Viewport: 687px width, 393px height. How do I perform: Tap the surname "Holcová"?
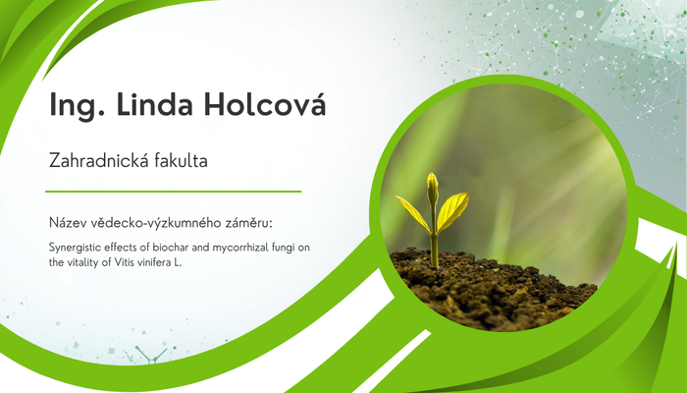pyautogui.click(x=265, y=103)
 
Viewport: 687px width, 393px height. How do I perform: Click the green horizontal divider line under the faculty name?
pyautogui.click(x=173, y=192)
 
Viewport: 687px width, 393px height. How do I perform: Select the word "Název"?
pyautogui.click(x=68, y=223)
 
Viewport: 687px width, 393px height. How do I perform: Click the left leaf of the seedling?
pyautogui.click(x=413, y=213)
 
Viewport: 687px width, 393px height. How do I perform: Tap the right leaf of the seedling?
pyautogui.click(x=452, y=210)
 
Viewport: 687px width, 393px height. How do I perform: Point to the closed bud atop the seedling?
pyautogui.click(x=433, y=188)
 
